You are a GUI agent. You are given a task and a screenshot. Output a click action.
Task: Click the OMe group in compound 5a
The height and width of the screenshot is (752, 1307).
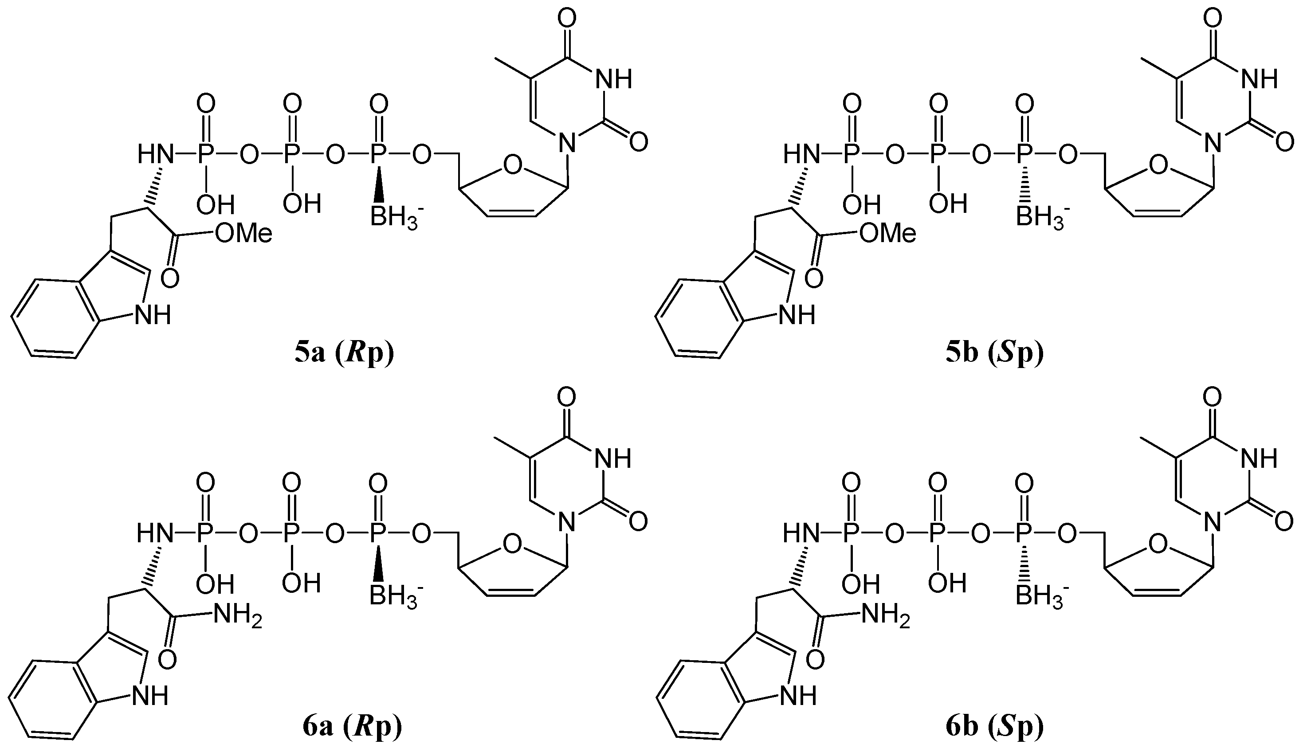pyautogui.click(x=243, y=234)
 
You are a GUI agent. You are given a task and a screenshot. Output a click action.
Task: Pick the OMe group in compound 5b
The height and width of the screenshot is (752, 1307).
pyautogui.click(x=887, y=234)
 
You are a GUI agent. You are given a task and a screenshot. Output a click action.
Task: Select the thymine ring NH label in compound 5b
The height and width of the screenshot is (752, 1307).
pyautogui.click(x=1259, y=79)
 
